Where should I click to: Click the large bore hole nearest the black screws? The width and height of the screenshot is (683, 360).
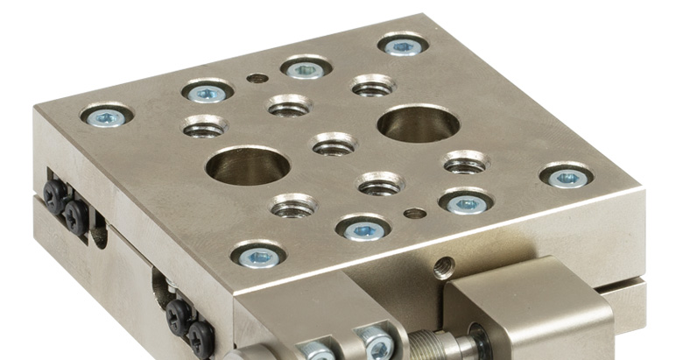click(249, 166)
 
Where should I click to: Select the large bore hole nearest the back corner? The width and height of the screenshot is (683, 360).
click(419, 123)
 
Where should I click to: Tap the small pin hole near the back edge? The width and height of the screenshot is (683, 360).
click(257, 78)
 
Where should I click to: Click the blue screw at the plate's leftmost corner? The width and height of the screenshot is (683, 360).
click(107, 116)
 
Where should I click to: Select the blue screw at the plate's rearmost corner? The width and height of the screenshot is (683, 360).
click(404, 45)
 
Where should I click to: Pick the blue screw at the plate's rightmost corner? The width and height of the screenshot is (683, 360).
click(566, 176)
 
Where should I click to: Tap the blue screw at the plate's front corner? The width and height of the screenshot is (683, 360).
click(258, 256)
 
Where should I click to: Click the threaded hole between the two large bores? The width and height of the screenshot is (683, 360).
click(334, 144)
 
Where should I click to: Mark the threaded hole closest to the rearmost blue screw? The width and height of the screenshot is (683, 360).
click(373, 86)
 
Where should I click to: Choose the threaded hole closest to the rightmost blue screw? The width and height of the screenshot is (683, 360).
click(465, 162)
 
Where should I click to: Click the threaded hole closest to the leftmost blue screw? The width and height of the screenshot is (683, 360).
click(204, 126)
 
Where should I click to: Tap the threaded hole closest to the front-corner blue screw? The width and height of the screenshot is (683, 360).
click(293, 207)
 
